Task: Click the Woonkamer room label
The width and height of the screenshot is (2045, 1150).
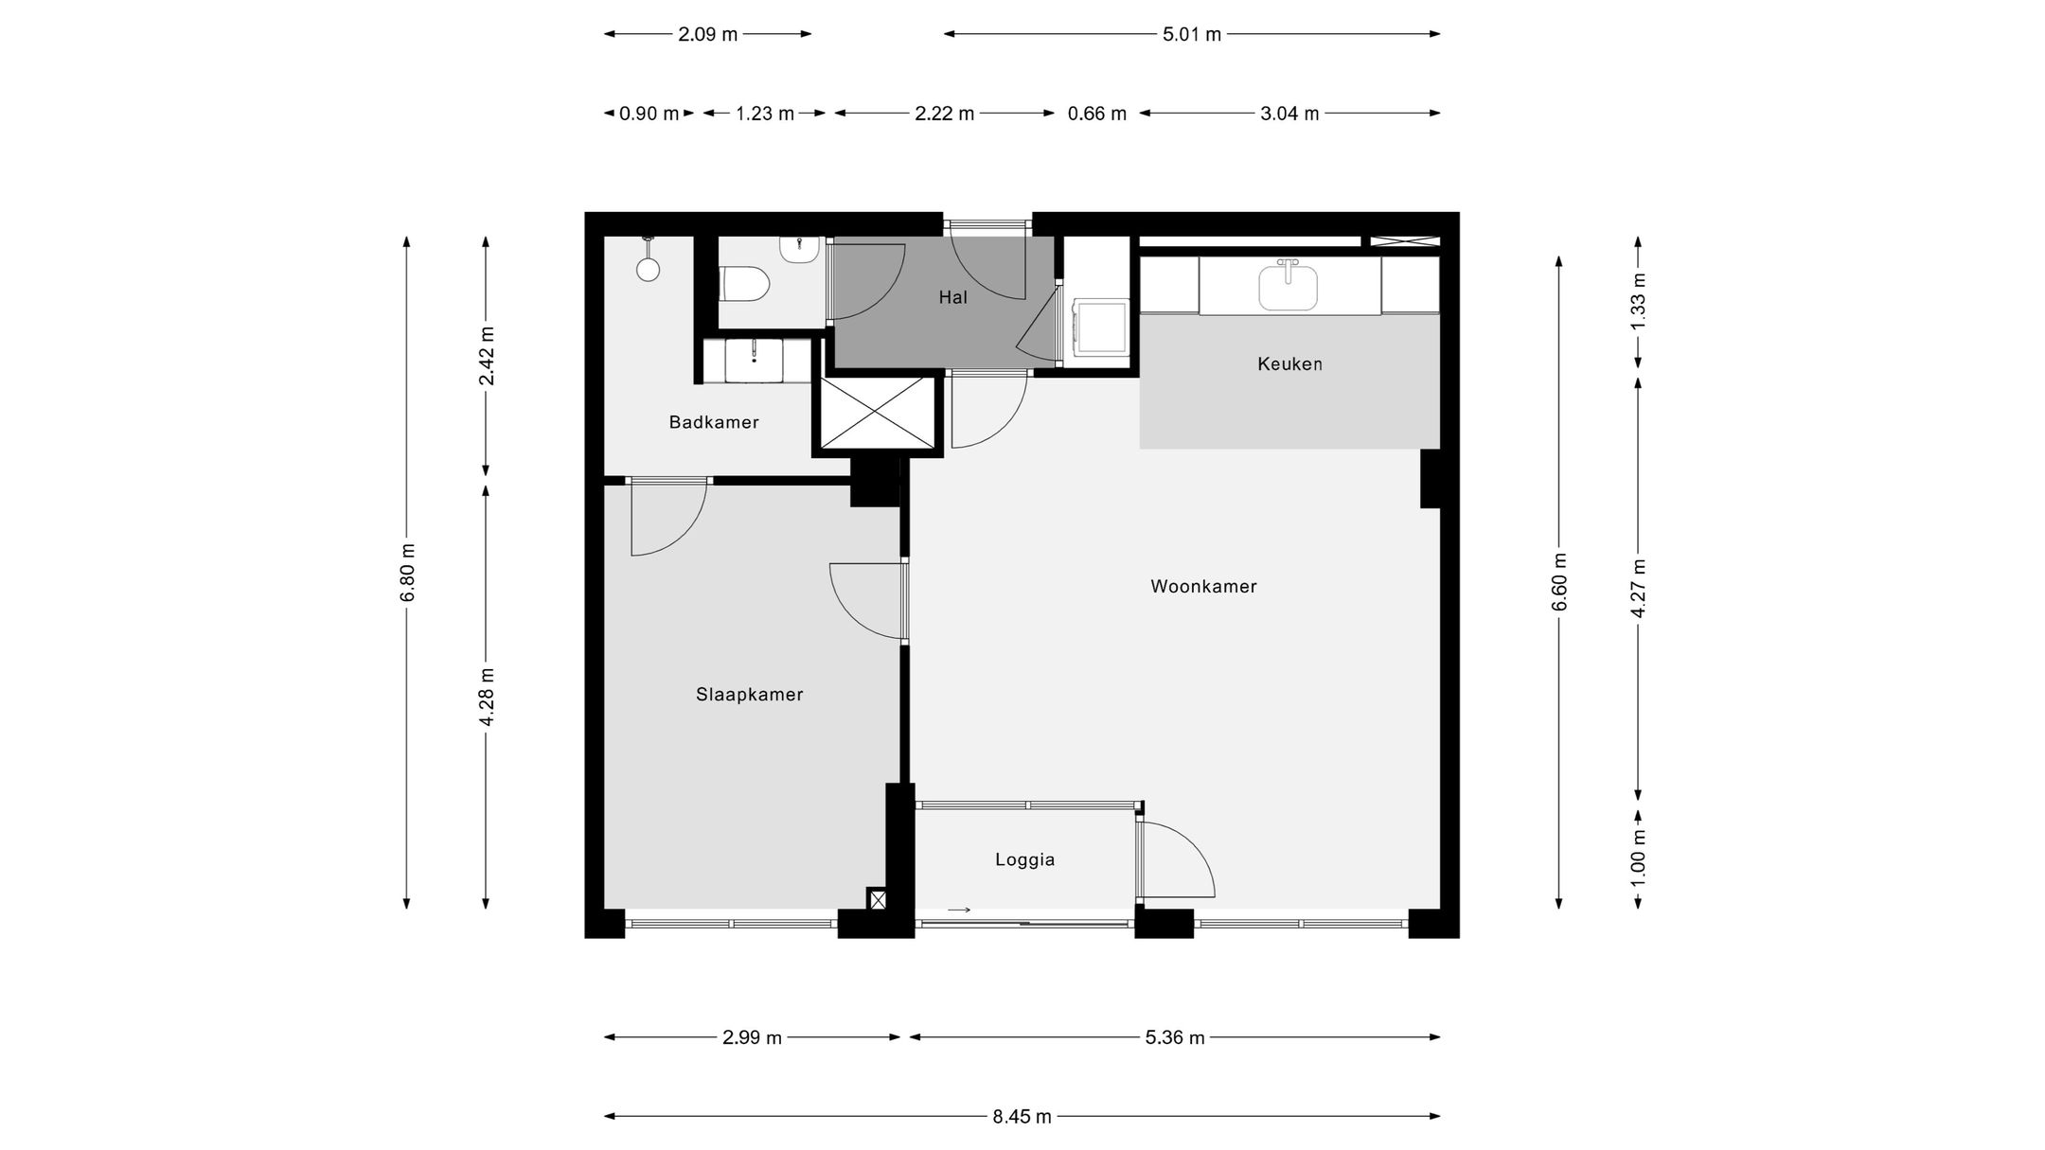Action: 1203,587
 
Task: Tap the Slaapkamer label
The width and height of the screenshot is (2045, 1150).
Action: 749,695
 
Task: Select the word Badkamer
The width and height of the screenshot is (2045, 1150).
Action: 714,422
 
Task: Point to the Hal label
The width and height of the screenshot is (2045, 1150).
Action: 952,297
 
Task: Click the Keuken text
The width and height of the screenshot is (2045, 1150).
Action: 1289,363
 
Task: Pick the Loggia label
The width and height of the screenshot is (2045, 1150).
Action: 1024,860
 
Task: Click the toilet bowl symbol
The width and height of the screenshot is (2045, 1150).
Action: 745,284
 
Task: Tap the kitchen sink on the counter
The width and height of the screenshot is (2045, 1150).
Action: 1288,287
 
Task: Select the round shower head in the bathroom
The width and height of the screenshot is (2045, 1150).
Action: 648,270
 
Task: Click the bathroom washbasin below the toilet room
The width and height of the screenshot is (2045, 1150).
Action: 754,361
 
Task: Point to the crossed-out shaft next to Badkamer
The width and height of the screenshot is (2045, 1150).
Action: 877,413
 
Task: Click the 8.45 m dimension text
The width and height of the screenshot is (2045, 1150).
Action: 1022,1117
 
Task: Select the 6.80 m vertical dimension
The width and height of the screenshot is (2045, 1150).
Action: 407,573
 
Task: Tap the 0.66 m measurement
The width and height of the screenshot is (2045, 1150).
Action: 1096,115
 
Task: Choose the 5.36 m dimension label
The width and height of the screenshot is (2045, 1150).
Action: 1174,1037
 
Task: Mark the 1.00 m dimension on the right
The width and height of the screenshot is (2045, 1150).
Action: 1639,858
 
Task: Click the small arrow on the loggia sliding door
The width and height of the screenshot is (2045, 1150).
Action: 959,911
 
